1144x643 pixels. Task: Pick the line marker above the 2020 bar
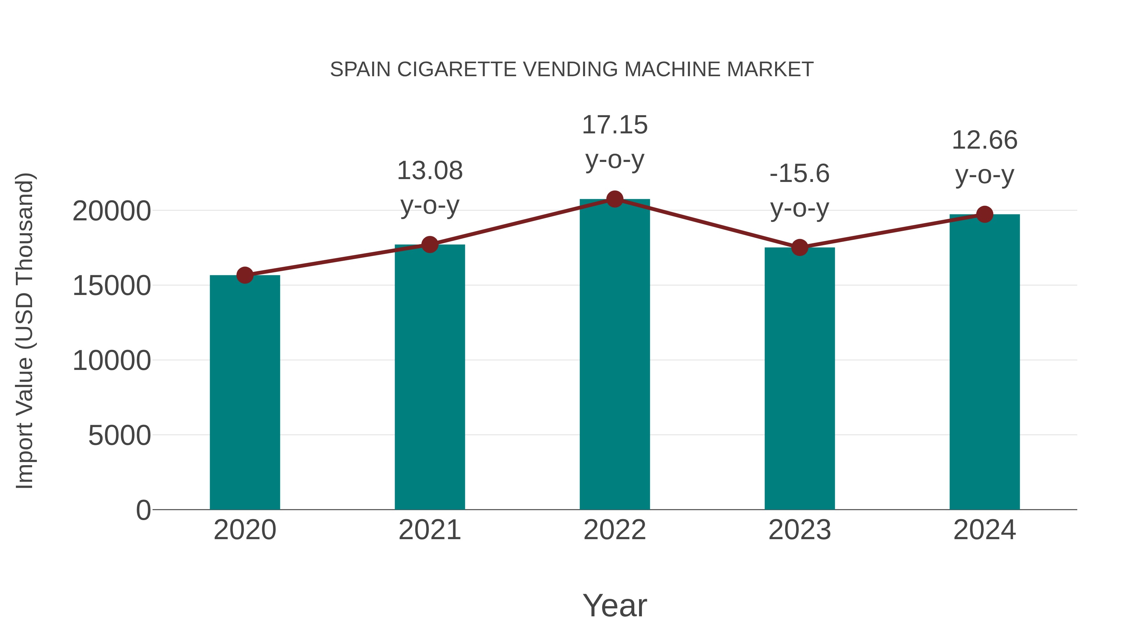click(x=245, y=275)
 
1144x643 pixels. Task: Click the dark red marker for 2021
click(x=429, y=244)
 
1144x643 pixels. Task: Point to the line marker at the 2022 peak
click(x=615, y=199)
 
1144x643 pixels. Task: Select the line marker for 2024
click(x=984, y=214)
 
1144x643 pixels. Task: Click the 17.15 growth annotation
click(x=615, y=125)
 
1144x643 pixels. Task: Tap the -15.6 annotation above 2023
click(x=800, y=173)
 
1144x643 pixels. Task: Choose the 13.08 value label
click(x=429, y=171)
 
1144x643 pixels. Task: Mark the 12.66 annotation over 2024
click(x=984, y=140)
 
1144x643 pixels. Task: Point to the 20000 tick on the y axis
click(x=112, y=211)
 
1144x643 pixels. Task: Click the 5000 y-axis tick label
click(x=119, y=435)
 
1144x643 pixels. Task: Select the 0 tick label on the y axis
click(x=143, y=510)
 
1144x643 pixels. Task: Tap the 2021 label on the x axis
click(x=429, y=530)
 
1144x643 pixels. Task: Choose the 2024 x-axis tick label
click(x=984, y=530)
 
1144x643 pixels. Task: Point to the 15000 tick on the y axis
click(x=112, y=286)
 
